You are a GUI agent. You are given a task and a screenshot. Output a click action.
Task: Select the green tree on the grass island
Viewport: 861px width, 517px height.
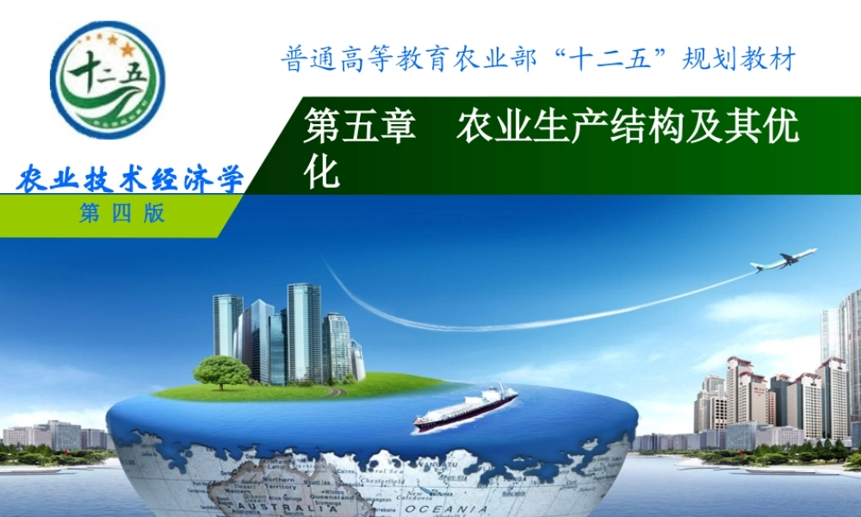221,371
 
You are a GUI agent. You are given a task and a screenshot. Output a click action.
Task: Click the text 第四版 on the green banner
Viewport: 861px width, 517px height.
121,215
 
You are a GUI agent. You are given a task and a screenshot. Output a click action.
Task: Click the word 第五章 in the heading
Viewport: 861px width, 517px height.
360,129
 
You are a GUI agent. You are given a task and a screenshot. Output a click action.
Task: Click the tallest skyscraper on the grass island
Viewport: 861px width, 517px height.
304,332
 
